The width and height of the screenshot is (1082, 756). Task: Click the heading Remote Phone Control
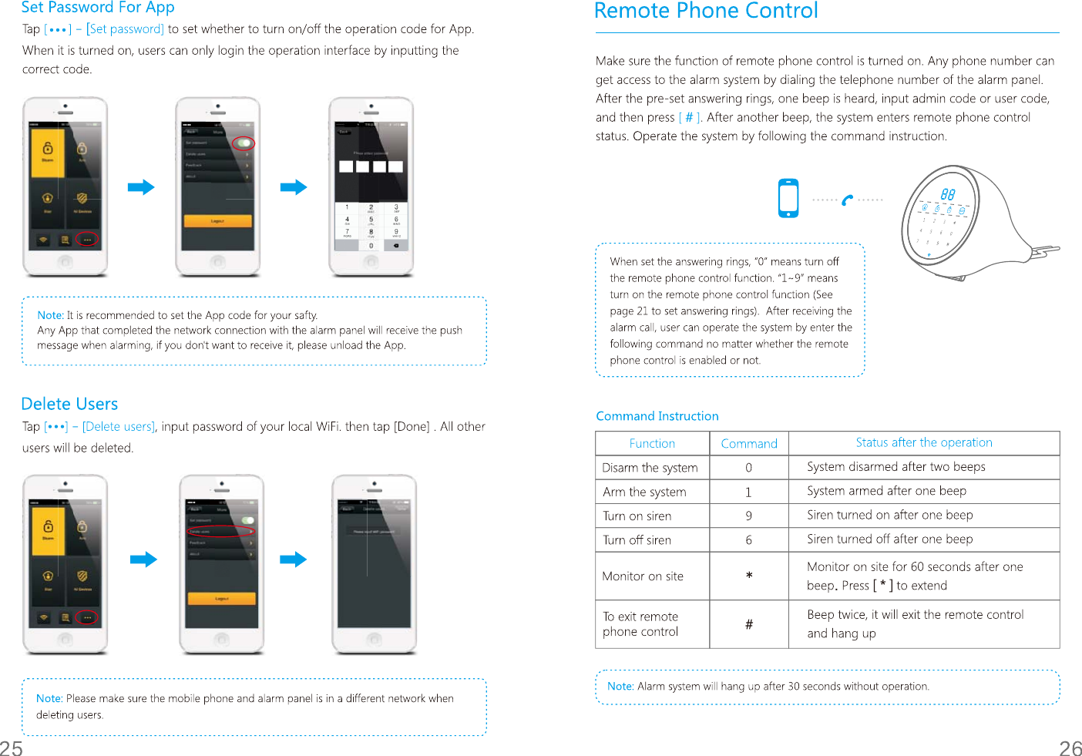(x=706, y=12)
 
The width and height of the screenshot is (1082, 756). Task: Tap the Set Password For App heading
(x=98, y=8)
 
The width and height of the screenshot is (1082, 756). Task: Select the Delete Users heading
(x=69, y=404)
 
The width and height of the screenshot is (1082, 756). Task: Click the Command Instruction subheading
(x=657, y=416)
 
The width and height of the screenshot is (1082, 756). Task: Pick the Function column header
(x=652, y=443)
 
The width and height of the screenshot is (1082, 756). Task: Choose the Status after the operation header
(x=923, y=442)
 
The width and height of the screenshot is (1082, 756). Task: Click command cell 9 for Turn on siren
(x=748, y=516)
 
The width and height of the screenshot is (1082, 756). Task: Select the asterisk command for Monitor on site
(x=749, y=576)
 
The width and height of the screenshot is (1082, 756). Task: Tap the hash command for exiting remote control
(x=748, y=624)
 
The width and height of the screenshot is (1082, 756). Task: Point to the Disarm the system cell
(x=650, y=468)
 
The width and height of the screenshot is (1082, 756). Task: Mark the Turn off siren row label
(x=637, y=540)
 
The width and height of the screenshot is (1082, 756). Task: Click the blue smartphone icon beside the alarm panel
(x=788, y=198)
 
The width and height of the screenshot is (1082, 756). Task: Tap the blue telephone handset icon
(x=848, y=200)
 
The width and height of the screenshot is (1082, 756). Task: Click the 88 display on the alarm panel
(x=947, y=195)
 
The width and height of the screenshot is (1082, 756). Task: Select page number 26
(x=1070, y=748)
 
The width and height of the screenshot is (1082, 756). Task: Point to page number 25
(x=12, y=748)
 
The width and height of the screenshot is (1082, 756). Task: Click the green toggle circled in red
(x=244, y=143)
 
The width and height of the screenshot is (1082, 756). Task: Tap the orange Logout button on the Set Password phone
(x=217, y=221)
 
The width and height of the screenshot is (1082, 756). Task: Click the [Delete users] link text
(x=119, y=427)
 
